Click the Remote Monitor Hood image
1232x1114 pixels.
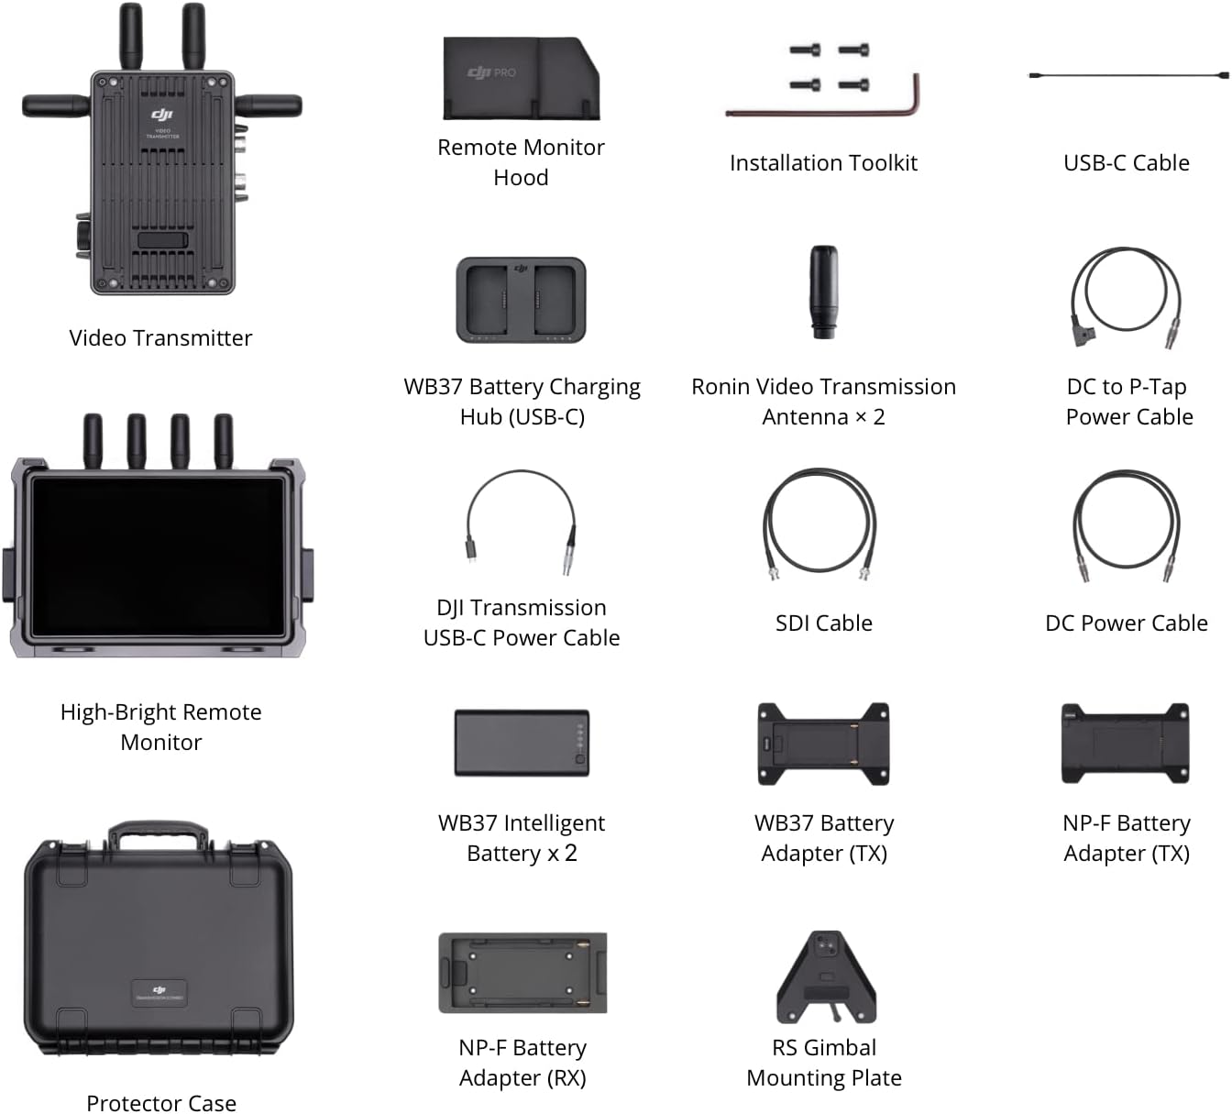pos(520,80)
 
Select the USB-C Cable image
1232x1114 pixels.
pos(1127,75)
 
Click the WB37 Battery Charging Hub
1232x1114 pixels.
pos(521,300)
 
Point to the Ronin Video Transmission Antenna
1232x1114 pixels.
pos(823,292)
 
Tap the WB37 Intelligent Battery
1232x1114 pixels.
pos(521,742)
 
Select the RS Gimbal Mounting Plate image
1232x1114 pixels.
pos(825,976)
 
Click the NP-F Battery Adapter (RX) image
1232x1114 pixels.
pos(522,973)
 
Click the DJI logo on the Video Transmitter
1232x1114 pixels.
pos(161,115)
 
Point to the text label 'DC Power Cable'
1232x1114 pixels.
pos(1126,623)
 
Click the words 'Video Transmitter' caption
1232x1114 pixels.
pos(160,338)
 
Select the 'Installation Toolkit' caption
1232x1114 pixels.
pos(823,163)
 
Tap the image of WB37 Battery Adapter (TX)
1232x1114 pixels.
pos(823,744)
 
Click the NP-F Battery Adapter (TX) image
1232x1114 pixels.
pos(1125,744)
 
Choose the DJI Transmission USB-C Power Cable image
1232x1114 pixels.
pos(521,522)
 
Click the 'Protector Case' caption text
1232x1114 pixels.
pos(161,1103)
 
